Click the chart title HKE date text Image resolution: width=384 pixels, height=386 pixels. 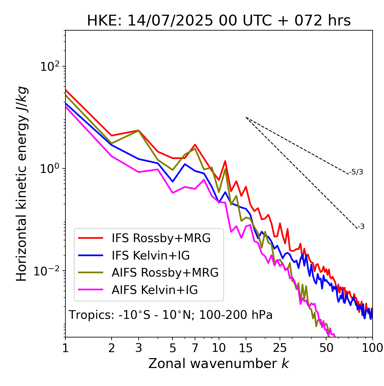[219, 21]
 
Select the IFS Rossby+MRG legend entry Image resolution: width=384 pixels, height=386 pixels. [161, 238]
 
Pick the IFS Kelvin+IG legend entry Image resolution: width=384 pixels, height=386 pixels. [151, 256]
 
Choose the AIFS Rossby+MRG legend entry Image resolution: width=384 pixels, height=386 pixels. [165, 273]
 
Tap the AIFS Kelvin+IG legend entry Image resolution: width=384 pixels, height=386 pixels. [154, 290]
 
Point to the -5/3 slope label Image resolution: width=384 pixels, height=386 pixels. [356, 172]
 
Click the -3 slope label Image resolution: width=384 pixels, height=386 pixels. [361, 227]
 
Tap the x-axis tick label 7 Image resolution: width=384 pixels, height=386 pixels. [195, 348]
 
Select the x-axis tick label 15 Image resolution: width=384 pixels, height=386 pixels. [246, 348]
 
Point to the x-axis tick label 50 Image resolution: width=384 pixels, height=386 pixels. [326, 348]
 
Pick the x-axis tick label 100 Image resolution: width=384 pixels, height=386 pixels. [372, 348]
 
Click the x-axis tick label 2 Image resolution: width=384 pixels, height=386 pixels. [112, 348]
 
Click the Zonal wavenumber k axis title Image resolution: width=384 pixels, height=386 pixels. [219, 364]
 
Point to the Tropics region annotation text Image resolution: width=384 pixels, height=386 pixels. [171, 315]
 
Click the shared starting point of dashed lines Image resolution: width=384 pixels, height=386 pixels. [246, 117]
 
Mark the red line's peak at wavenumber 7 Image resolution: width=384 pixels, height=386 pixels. [195, 145]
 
